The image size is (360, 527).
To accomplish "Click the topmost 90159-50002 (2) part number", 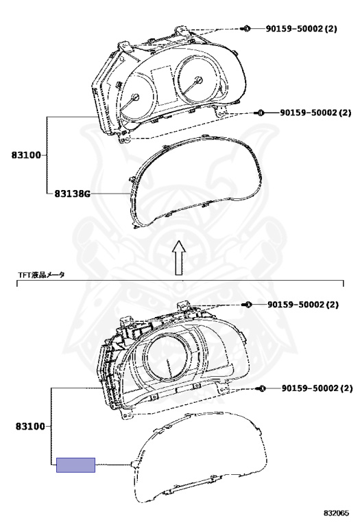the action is coord(301,29).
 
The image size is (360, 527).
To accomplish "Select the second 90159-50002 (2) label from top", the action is coord(315,113).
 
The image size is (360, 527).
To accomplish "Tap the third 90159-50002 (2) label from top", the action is coord(303,305).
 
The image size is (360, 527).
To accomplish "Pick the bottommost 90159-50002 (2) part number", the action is coord(317,388).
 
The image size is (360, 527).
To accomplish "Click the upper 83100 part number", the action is coord(26,155).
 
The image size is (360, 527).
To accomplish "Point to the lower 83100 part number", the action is coord(30,427).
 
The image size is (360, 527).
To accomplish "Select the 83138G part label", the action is coord(73,194).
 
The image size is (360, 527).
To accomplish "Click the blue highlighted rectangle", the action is coord(75,465).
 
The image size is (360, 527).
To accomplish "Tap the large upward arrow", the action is coord(179,257).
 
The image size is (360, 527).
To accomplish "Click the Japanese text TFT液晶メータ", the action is coord(41,275).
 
